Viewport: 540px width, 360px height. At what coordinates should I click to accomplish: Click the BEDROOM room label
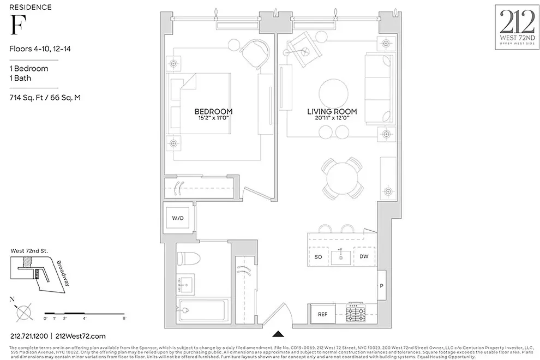coord(213,111)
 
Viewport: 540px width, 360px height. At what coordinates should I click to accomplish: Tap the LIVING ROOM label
coord(332,111)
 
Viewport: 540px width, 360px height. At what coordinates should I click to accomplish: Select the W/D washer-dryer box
coord(178,218)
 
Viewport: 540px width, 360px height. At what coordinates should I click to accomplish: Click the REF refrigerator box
coord(323,314)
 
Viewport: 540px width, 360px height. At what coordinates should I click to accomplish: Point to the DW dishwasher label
coord(363,256)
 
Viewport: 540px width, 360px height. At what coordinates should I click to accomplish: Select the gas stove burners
coord(358,314)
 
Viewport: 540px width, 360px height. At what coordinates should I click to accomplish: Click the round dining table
coord(343,176)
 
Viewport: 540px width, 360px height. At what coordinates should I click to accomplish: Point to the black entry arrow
coord(279,334)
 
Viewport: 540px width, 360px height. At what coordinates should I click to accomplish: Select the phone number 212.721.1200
coord(27,336)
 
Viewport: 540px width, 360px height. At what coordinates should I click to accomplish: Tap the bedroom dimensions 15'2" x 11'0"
coord(213,119)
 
